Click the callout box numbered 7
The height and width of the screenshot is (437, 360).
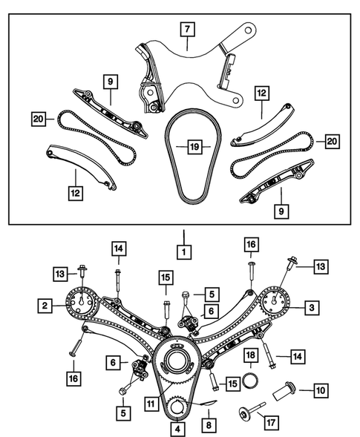[188, 30]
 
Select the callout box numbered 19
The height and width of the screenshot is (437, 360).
[194, 148]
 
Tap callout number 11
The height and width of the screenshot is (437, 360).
[150, 404]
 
